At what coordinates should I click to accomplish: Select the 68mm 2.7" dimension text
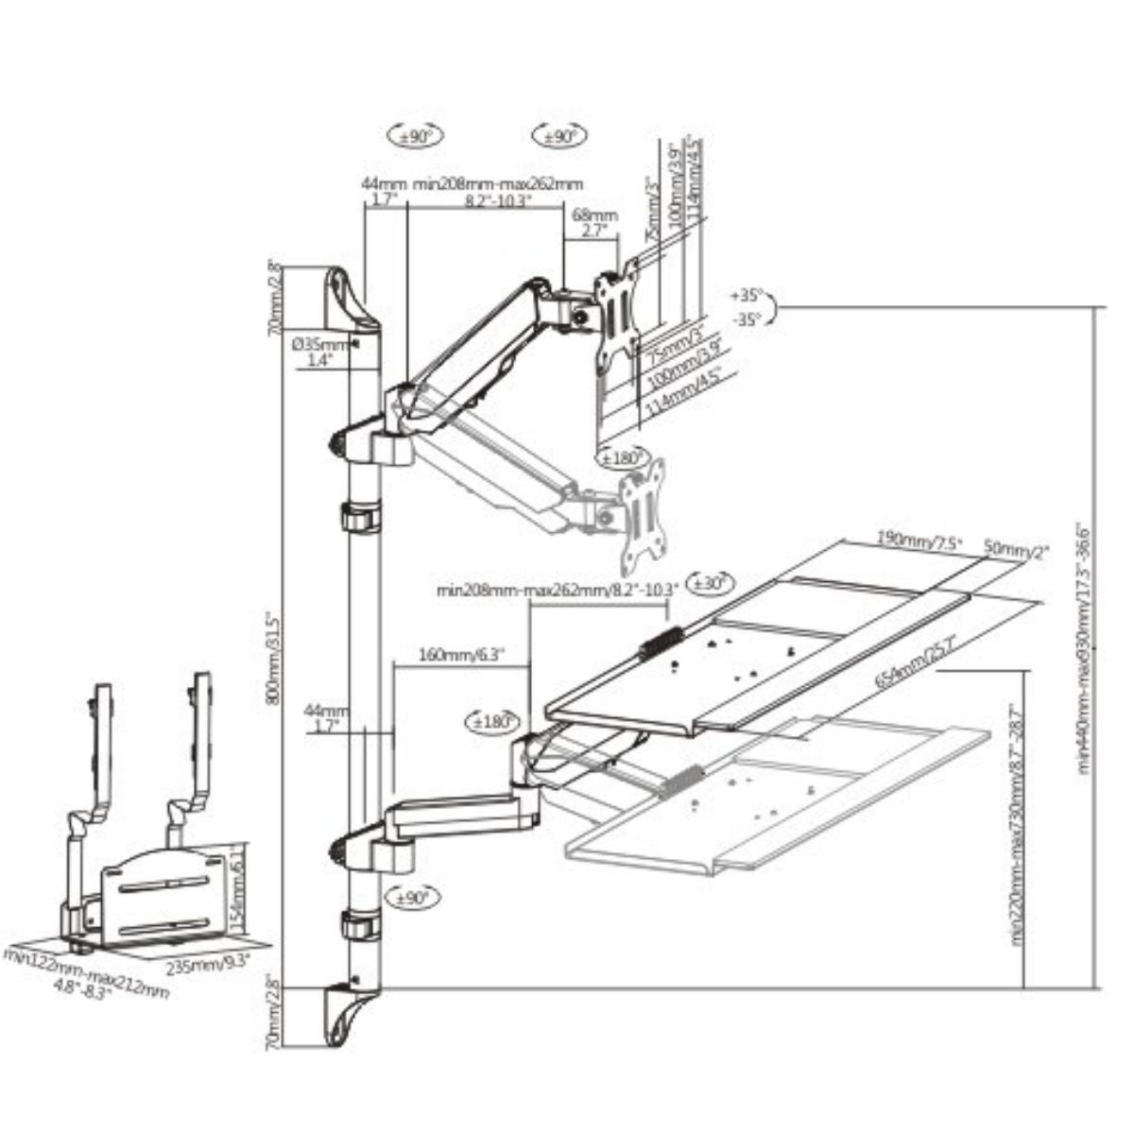coord(593,223)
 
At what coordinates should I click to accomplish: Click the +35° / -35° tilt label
coord(752,307)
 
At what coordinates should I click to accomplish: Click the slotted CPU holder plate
coord(159,898)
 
